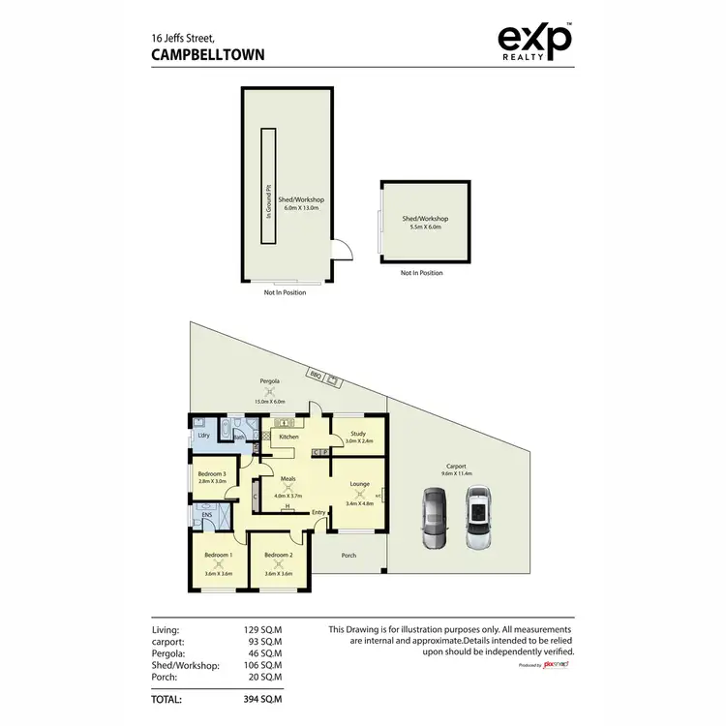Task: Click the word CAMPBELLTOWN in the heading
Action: pyautogui.click(x=208, y=55)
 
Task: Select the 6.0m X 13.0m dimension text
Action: pyautogui.click(x=303, y=208)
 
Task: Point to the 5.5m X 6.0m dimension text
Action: pyautogui.click(x=425, y=227)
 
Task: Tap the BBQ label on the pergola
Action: pyautogui.click(x=316, y=373)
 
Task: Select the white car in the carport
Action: pyautogui.click(x=478, y=518)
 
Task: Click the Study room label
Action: pyautogui.click(x=358, y=434)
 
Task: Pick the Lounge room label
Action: pyautogui.click(x=359, y=484)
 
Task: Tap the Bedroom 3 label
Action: pyautogui.click(x=211, y=473)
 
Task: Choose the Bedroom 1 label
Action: pyautogui.click(x=217, y=556)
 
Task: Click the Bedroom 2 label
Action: pyautogui.click(x=278, y=556)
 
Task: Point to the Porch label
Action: pyautogui.click(x=348, y=556)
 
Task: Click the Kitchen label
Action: pyautogui.click(x=287, y=438)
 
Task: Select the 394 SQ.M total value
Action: pyautogui.click(x=262, y=698)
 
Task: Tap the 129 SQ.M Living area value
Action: pyautogui.click(x=262, y=630)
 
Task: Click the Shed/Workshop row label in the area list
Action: pyautogui.click(x=186, y=665)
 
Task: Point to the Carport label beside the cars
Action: pyautogui.click(x=457, y=465)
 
